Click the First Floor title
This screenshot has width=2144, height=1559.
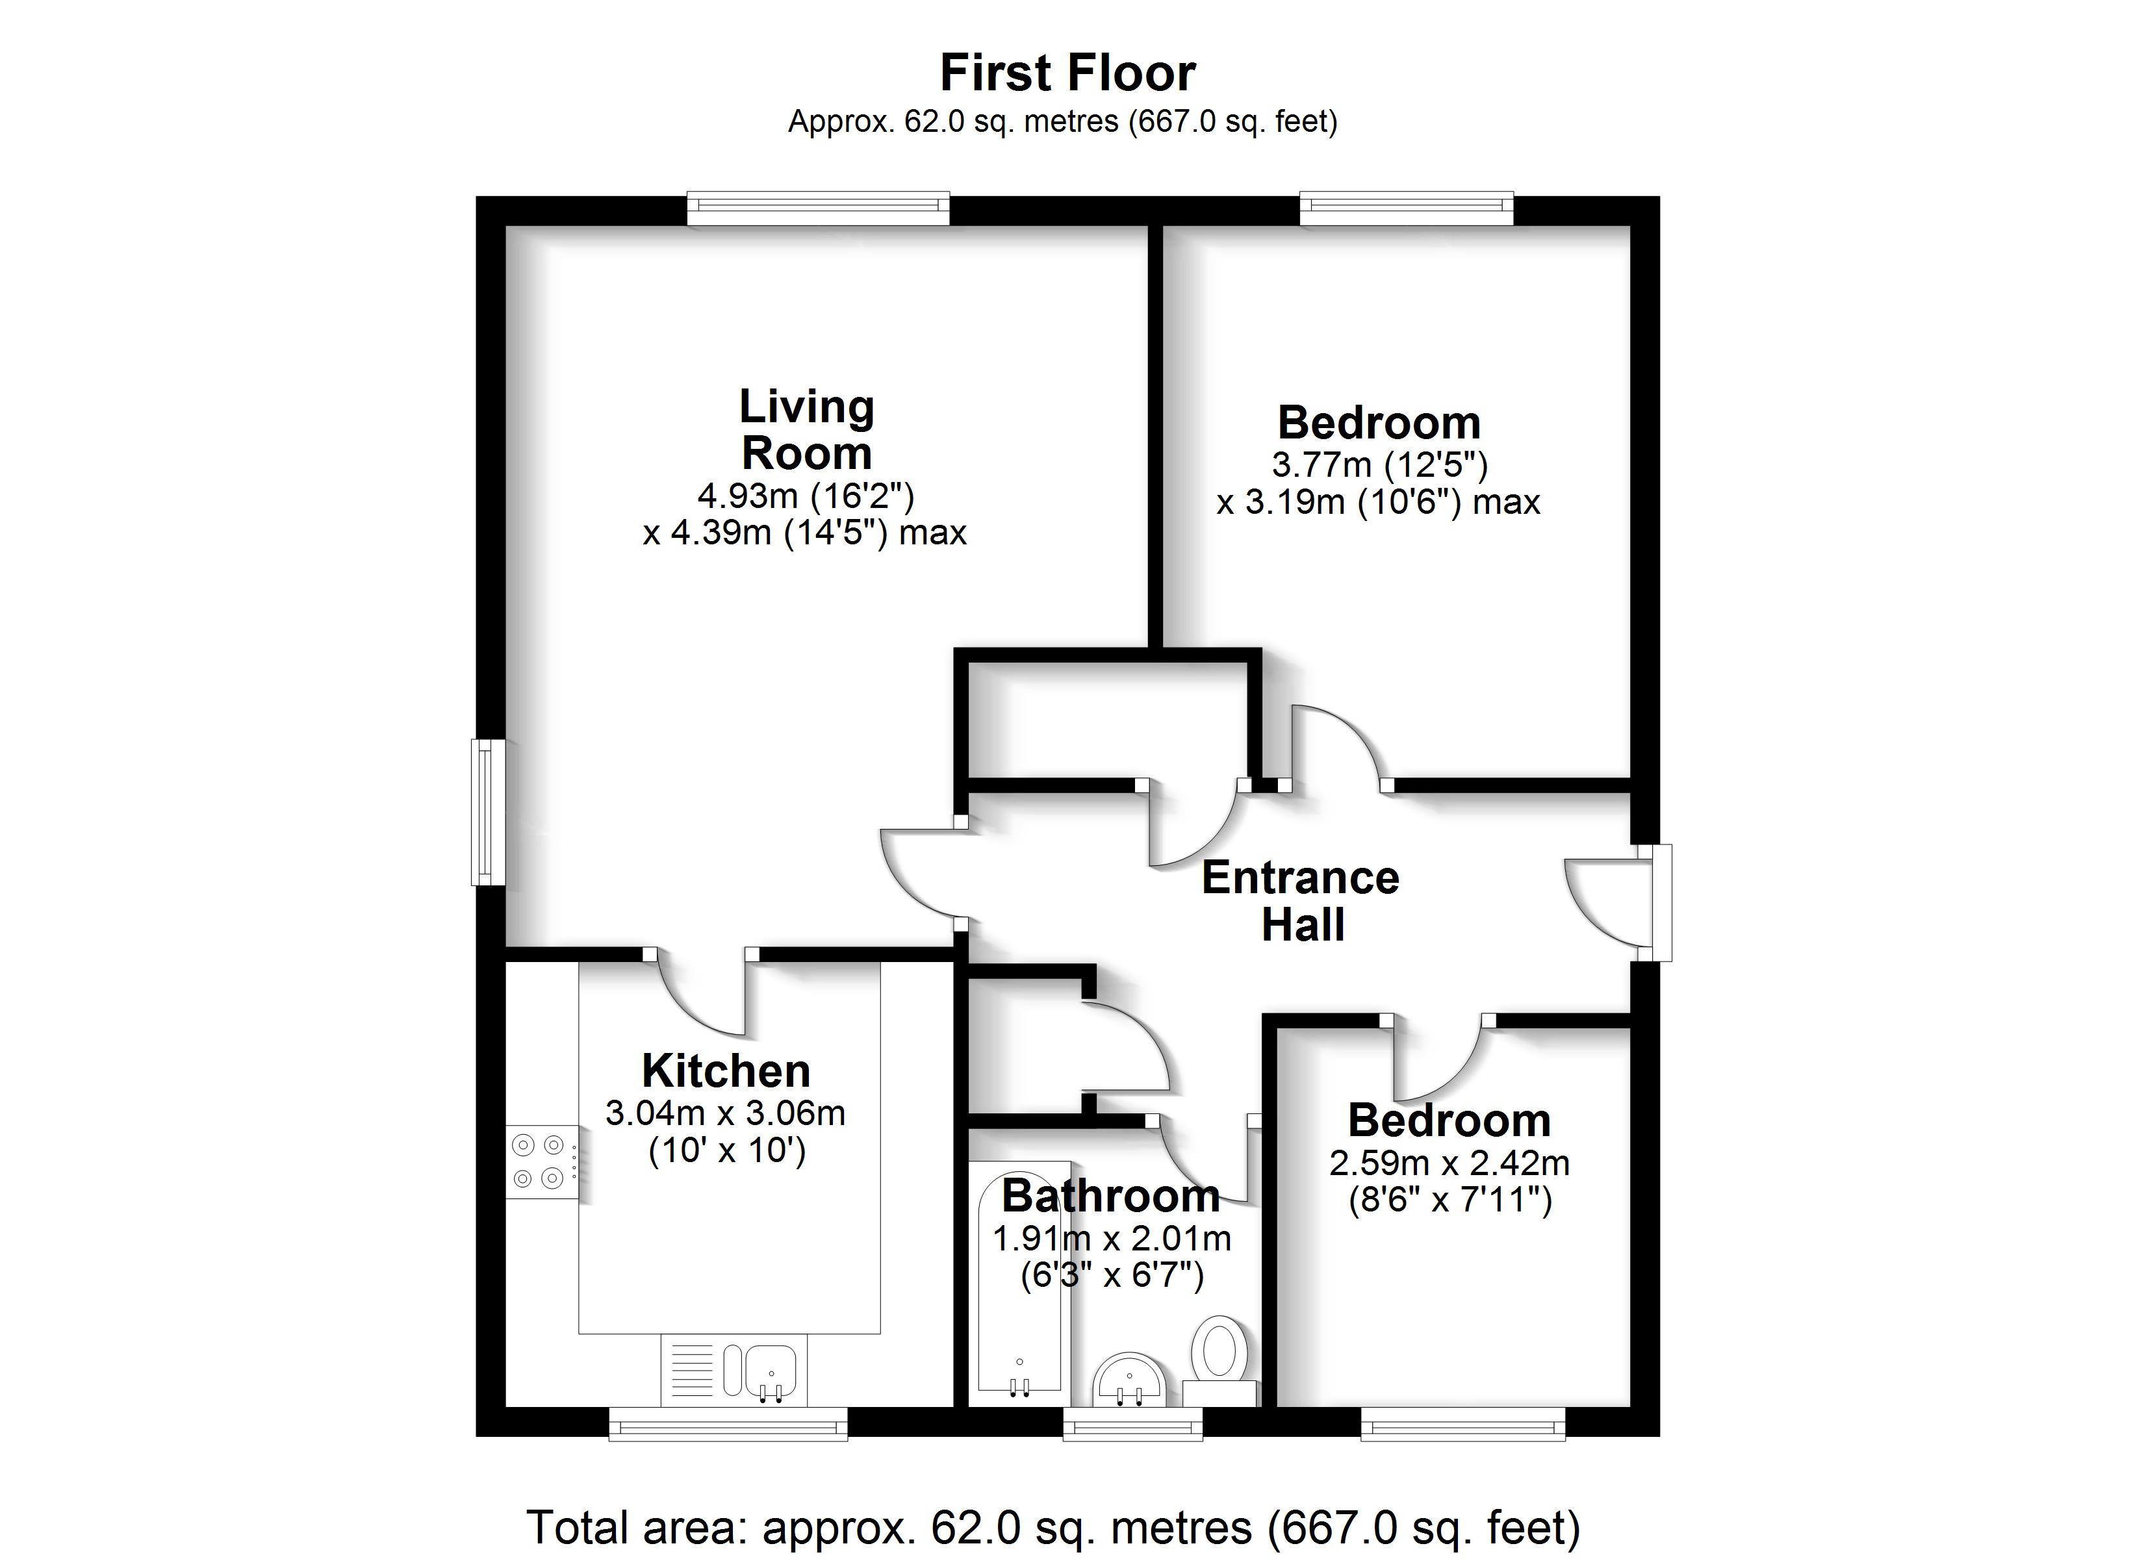click(1067, 73)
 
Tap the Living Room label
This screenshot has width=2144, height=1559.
click(806, 429)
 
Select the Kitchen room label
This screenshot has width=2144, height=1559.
click(726, 1071)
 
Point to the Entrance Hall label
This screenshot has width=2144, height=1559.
click(1301, 901)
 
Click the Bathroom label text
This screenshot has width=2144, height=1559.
click(1111, 1196)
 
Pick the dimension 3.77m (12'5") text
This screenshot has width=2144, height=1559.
click(1379, 464)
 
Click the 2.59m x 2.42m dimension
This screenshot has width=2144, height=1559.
click(1449, 1163)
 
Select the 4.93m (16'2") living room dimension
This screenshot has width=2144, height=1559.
click(806, 496)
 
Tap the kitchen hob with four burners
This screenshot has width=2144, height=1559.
click(542, 1162)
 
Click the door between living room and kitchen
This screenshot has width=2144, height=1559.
click(700, 993)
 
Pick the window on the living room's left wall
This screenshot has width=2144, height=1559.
click(489, 812)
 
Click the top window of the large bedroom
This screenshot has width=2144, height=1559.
click(1407, 209)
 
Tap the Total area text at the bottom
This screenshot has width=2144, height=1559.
click(1053, 1528)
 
